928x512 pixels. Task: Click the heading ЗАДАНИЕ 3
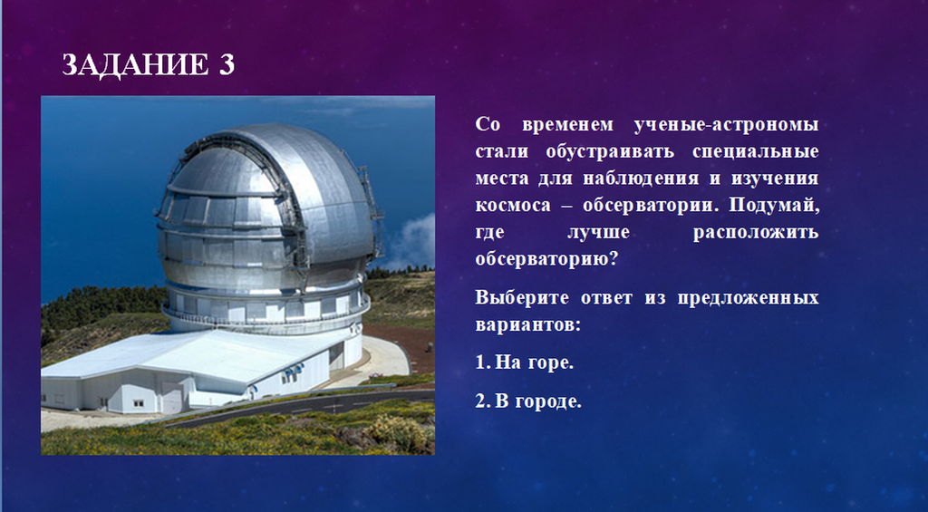[149, 64]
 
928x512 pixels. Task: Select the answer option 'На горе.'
[525, 362]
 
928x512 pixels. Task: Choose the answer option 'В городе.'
[528, 401]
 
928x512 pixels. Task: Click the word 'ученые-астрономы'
[727, 125]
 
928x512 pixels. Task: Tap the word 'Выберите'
[522, 298]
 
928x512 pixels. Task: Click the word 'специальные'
[756, 152]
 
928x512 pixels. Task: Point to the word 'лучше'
[598, 232]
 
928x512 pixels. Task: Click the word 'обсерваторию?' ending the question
[546, 259]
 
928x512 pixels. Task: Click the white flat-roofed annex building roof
[196, 355]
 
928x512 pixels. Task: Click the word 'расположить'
[756, 232]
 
